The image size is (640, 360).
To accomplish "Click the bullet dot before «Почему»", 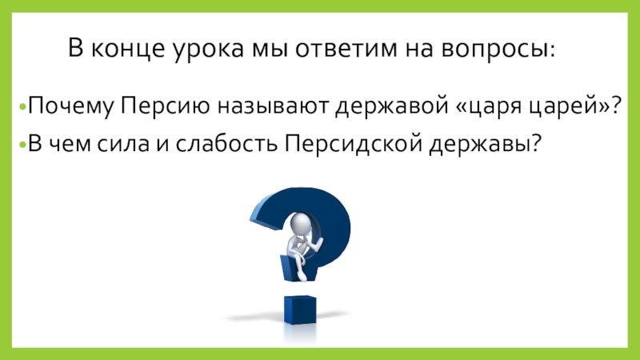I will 23,108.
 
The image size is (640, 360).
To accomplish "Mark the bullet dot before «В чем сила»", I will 23,146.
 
